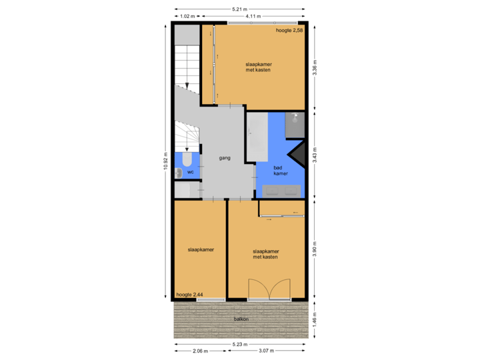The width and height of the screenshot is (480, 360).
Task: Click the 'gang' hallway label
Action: (x=225, y=159)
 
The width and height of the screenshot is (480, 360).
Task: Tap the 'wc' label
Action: (x=190, y=172)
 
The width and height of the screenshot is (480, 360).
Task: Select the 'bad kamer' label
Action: (x=281, y=171)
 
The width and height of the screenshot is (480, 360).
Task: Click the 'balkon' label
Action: (x=241, y=319)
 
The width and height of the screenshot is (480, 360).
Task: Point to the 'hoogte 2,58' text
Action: (x=290, y=31)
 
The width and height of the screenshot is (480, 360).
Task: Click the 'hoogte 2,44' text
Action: (x=189, y=294)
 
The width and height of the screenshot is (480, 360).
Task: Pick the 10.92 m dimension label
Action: (x=165, y=161)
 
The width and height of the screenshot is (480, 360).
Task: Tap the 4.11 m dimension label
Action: (x=253, y=16)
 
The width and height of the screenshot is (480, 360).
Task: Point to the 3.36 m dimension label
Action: (x=315, y=67)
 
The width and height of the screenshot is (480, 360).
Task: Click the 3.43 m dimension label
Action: (x=315, y=155)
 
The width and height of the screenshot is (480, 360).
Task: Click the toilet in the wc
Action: (x=187, y=159)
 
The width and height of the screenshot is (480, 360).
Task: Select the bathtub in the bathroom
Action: (x=257, y=137)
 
